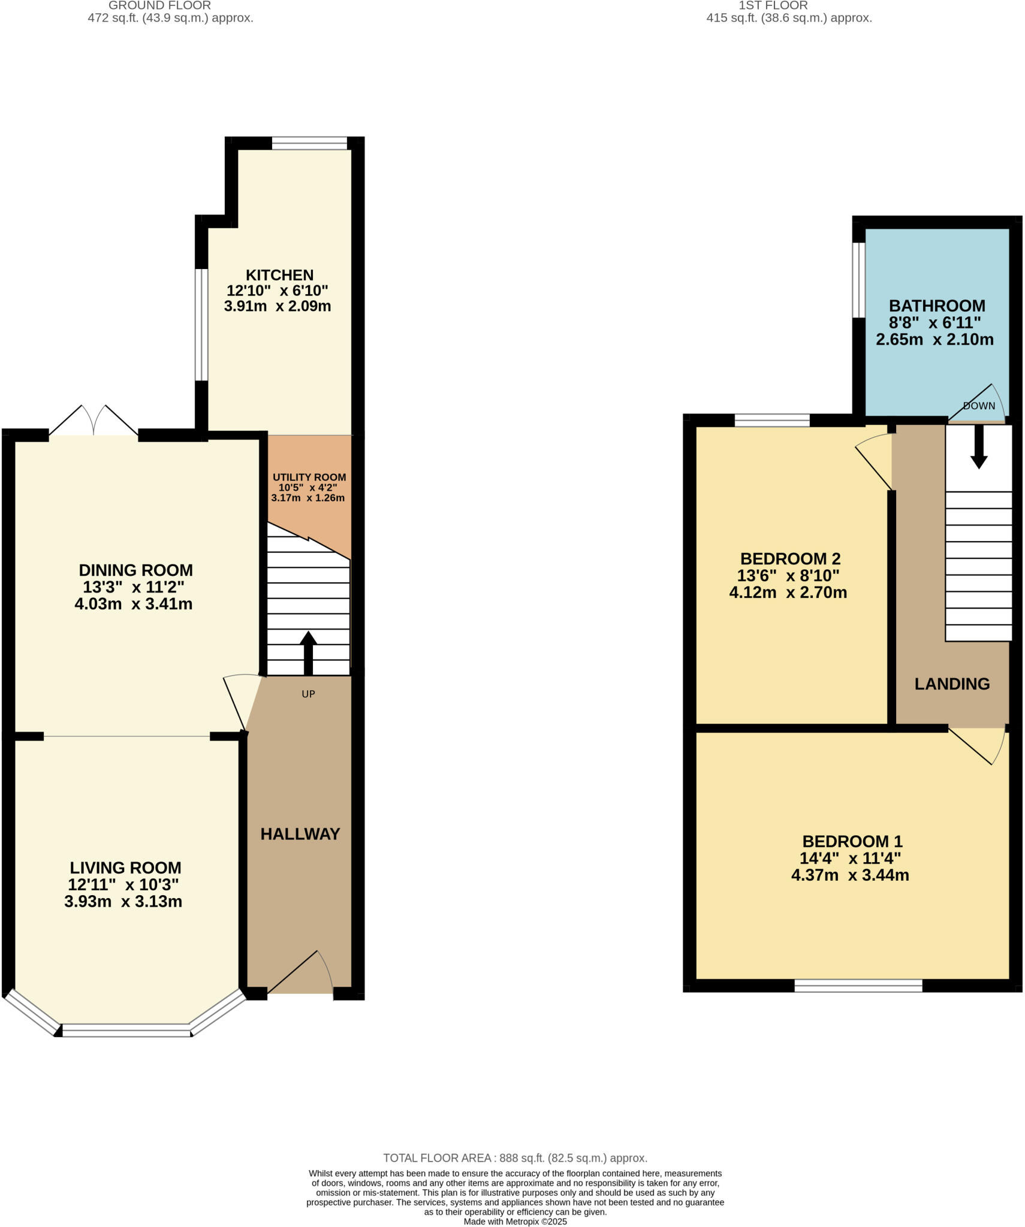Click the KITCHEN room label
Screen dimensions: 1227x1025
pyautogui.click(x=279, y=275)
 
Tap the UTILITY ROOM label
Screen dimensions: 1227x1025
pyautogui.click(x=309, y=477)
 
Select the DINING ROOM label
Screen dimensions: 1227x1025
pyautogui.click(x=136, y=570)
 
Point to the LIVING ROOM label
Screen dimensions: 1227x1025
pyautogui.click(x=125, y=868)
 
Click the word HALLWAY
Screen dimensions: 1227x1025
pyautogui.click(x=300, y=834)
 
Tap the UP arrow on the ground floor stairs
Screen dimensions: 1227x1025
pyautogui.click(x=308, y=653)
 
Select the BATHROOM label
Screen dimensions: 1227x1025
pyautogui.click(x=937, y=306)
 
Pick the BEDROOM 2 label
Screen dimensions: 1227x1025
pyautogui.click(x=790, y=559)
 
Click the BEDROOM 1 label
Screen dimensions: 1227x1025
pyautogui.click(x=852, y=841)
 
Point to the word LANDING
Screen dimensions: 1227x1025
pyautogui.click(x=952, y=684)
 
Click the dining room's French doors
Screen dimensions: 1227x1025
pyautogui.click(x=94, y=421)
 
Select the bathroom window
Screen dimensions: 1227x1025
pyautogui.click(x=859, y=279)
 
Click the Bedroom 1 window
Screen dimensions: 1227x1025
pyautogui.click(x=858, y=986)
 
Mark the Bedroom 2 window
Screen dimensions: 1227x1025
pyautogui.click(x=772, y=420)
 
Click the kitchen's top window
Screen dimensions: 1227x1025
pyautogui.click(x=309, y=143)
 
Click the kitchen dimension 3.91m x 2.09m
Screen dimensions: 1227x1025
pyautogui.click(x=278, y=307)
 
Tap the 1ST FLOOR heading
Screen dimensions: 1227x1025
pyautogui.click(x=773, y=5)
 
